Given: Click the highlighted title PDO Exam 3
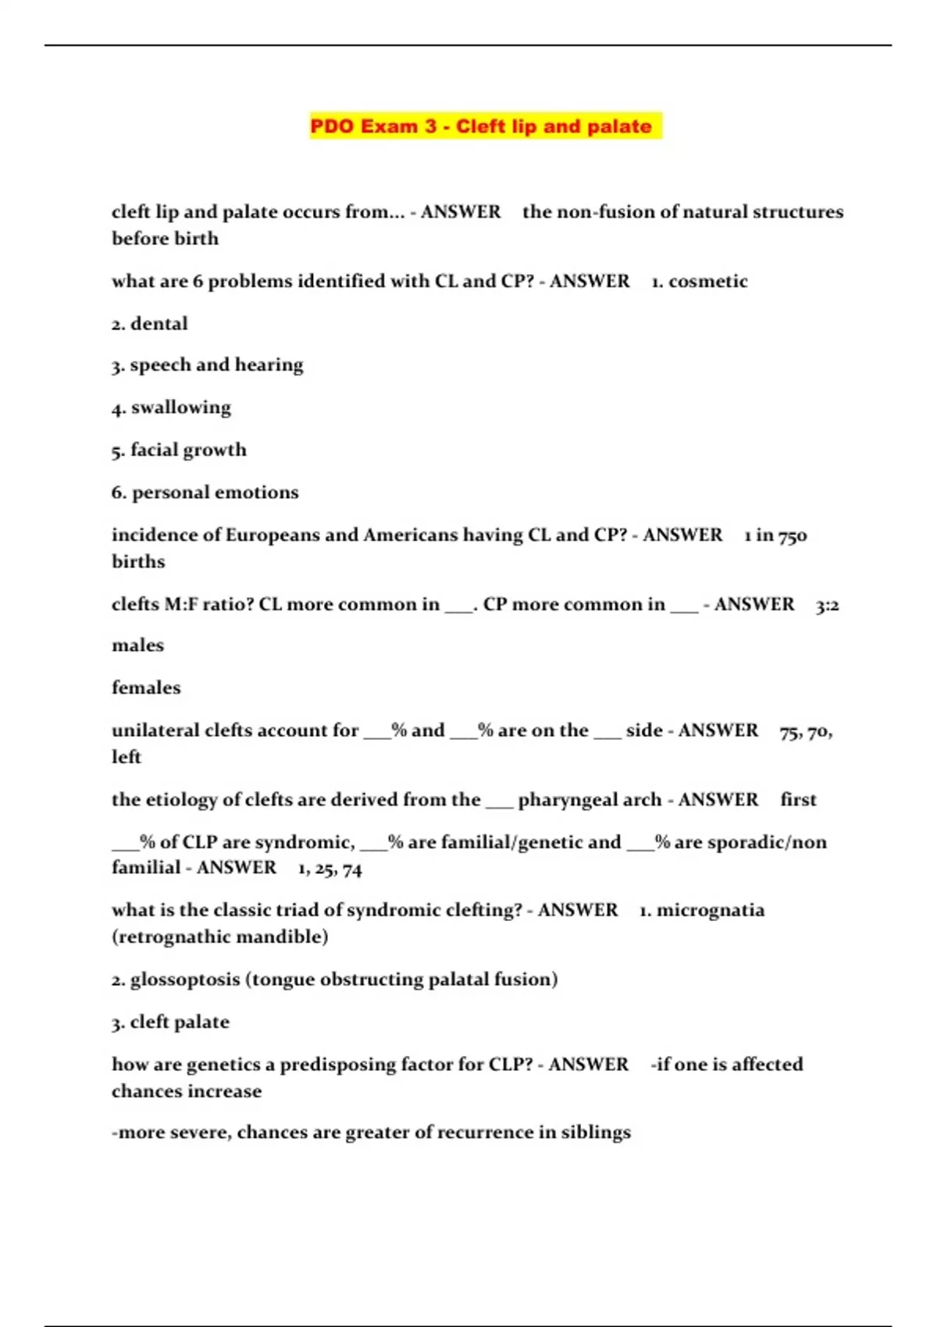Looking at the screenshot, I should (x=480, y=126).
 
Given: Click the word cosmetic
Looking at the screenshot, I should (x=707, y=281).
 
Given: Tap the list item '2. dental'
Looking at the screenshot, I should (x=150, y=324).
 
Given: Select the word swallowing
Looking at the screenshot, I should (x=181, y=407).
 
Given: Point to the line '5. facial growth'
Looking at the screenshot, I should (x=179, y=450).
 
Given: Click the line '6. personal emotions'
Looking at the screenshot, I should (x=205, y=493).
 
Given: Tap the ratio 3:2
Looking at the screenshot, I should (x=827, y=605).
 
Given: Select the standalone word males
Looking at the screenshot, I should (x=138, y=646).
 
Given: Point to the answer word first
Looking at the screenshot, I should (x=798, y=800).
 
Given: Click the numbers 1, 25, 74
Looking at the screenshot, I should (x=330, y=869).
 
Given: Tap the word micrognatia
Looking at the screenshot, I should (x=711, y=911).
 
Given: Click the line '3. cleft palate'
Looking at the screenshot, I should (x=171, y=1023).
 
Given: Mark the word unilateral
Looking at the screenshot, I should (x=155, y=731).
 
